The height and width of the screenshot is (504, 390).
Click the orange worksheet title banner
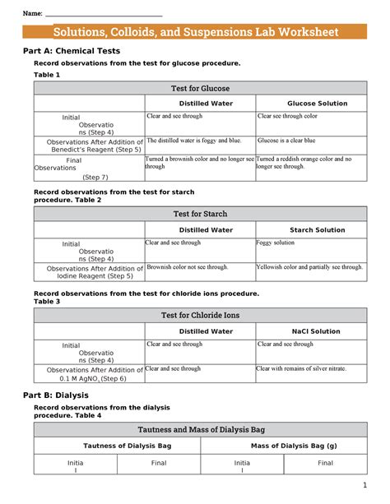pos(195,32)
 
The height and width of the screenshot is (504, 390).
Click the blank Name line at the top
pos(103,15)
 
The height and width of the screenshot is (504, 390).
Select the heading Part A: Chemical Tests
pos(70,51)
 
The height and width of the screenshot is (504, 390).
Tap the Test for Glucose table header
pos(200,88)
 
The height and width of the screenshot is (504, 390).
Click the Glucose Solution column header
pos(317,104)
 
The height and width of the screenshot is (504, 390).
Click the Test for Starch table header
pos(200,214)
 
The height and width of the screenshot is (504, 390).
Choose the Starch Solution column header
pos(317,230)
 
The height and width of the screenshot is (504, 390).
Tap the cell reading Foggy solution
pos(276,243)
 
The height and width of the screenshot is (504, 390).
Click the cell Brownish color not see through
pos(188,267)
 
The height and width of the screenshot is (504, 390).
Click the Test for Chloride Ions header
pos(200,315)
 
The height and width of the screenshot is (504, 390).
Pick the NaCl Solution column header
pos(317,331)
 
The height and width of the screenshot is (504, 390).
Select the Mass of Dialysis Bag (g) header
pos(284,446)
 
